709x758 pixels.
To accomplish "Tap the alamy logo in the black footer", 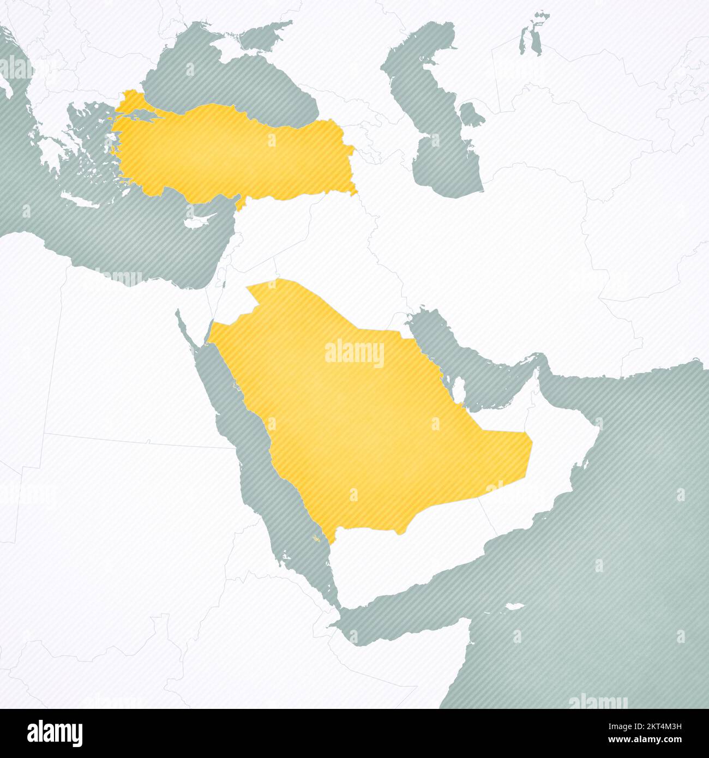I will [x=55, y=733].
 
